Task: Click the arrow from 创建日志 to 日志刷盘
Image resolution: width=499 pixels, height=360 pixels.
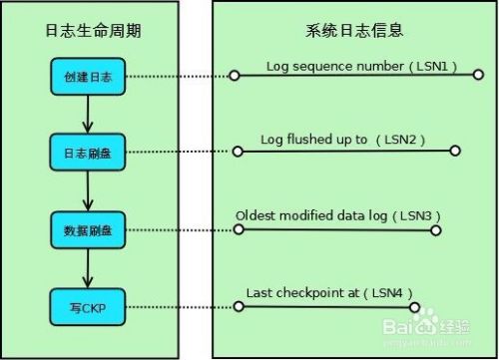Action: coord(87,115)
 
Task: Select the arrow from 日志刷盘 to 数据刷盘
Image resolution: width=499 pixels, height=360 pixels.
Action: coord(87,191)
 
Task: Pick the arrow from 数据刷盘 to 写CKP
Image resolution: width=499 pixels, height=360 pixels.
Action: coord(87,268)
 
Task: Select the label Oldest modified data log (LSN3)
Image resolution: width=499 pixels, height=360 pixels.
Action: coord(337,214)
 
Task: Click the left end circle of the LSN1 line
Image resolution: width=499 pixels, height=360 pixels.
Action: coord(234,76)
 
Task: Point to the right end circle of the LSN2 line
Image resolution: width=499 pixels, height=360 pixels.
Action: coord(455,152)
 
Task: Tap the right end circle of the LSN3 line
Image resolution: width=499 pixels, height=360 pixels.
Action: coord(435,229)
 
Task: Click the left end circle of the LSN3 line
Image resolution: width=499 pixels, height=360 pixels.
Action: coord(238,229)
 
